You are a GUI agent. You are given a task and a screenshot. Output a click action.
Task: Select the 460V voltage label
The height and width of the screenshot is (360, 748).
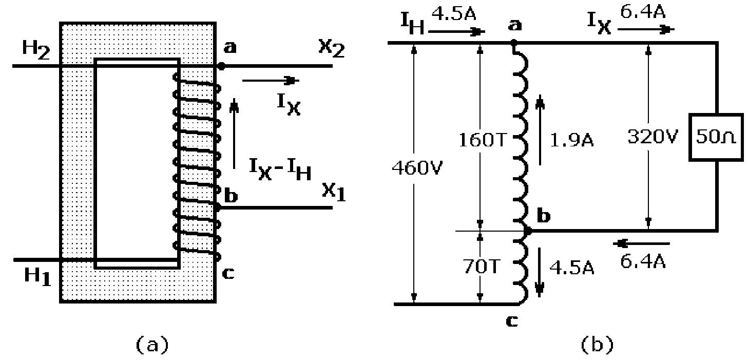pos(411,167)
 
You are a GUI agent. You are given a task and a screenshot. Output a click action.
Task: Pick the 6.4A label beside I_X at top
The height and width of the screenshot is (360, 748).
pos(643,12)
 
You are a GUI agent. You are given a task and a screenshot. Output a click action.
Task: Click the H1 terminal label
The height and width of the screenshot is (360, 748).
pos(38,277)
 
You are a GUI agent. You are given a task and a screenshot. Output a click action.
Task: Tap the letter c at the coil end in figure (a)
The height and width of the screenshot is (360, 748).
pos(227,274)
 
